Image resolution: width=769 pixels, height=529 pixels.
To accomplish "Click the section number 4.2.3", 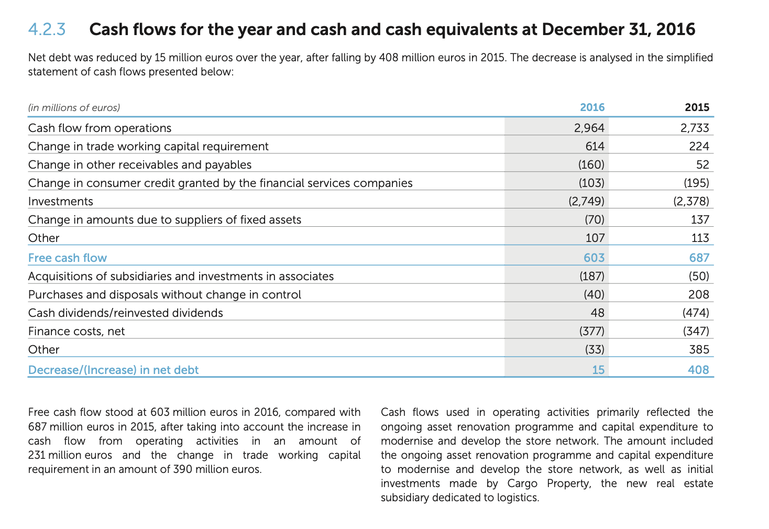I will [47, 29].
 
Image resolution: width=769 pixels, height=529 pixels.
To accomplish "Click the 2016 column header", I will [592, 107].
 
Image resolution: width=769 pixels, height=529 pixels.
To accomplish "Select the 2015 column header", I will [697, 107].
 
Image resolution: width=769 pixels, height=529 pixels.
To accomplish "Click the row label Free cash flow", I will [68, 258].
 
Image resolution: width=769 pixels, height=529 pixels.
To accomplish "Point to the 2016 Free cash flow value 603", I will [594, 258].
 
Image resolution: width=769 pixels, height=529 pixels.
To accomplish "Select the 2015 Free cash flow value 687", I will [699, 258].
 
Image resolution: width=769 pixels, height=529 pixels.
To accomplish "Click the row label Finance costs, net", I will [76, 331].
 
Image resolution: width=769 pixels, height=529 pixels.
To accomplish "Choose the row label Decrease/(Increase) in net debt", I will [113, 370].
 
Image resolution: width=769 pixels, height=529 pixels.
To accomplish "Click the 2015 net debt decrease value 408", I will [699, 370].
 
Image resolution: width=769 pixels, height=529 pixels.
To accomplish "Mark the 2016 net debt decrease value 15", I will [598, 370].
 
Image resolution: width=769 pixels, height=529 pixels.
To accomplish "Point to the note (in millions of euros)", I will [74, 108].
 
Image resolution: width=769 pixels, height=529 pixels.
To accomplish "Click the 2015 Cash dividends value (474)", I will [696, 313].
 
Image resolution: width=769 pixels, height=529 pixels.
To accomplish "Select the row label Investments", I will [61, 201].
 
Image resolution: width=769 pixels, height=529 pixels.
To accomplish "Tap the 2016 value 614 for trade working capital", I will [595, 146].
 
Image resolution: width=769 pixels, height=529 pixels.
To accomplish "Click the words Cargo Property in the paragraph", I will [548, 483].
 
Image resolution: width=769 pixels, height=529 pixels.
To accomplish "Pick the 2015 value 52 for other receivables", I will [702, 164].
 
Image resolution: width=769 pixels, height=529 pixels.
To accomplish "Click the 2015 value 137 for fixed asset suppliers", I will [700, 219].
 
